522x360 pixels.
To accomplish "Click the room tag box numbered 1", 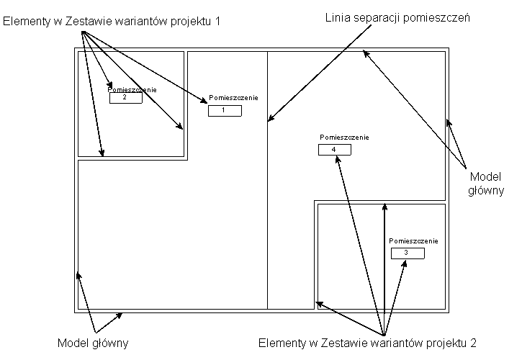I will click(x=225, y=111).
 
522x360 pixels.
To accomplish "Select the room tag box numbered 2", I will click(x=126, y=98).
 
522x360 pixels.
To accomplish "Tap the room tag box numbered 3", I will click(x=408, y=253).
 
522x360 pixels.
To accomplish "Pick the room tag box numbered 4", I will click(x=335, y=150).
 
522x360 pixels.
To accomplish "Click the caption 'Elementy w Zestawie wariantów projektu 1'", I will click(x=112, y=22).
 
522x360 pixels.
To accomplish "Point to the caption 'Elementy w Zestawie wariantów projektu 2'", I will click(x=366, y=343).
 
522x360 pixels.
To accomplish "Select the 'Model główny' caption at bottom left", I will click(x=93, y=343).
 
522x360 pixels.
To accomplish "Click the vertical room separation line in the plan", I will click(x=267, y=216).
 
